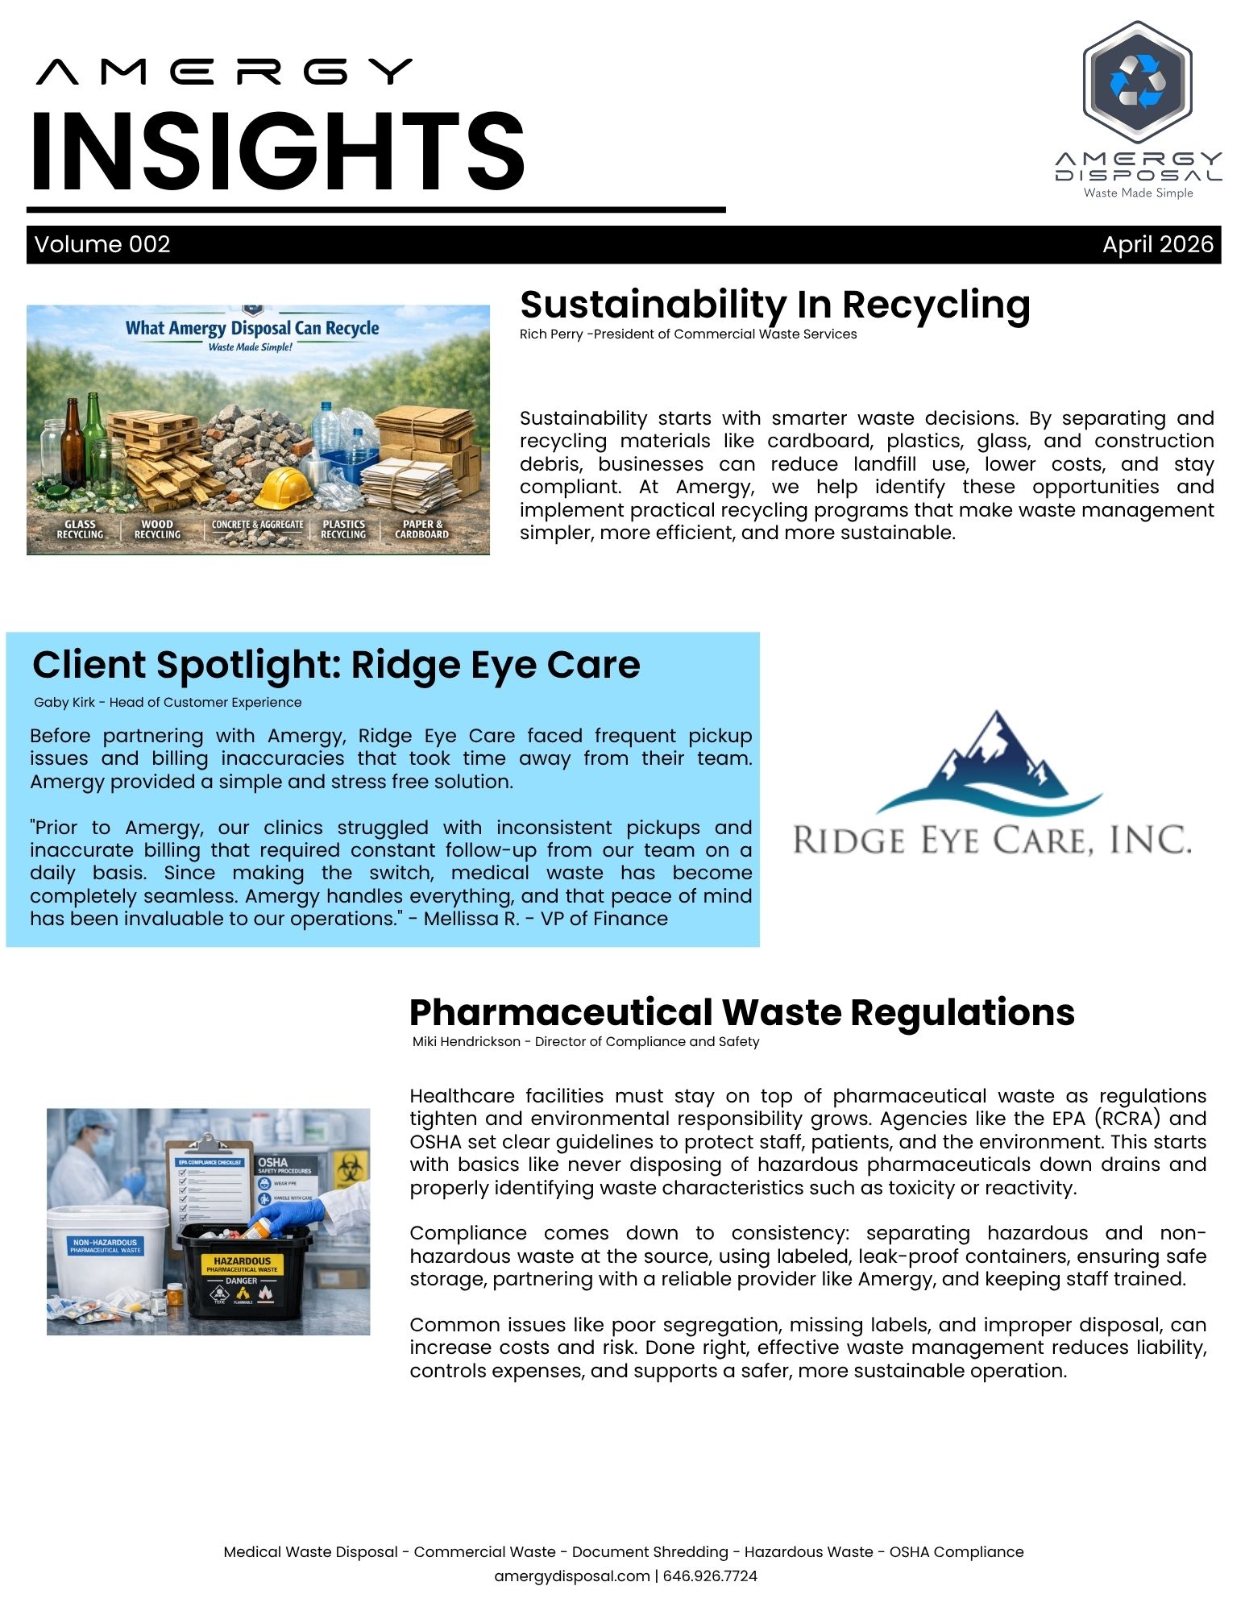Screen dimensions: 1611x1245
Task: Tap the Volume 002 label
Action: pos(102,244)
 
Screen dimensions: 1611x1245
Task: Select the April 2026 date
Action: pos(1157,244)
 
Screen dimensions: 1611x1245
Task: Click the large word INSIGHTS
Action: pos(278,152)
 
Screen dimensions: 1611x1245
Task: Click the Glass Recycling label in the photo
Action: pos(80,529)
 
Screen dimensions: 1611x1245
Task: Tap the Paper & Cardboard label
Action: pos(421,529)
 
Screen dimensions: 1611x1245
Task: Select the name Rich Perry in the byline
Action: pos(551,334)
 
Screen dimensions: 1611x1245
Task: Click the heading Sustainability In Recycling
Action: pos(774,305)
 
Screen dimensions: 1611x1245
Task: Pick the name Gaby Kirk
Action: pos(64,703)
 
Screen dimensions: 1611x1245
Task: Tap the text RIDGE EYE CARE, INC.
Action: pos(991,841)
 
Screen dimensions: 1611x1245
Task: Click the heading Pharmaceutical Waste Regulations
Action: pos(741,1013)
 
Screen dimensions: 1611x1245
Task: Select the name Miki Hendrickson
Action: pos(466,1042)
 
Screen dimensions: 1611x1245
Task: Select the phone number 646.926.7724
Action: pos(710,1576)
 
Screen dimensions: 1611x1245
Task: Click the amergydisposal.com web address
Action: pos(571,1576)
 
